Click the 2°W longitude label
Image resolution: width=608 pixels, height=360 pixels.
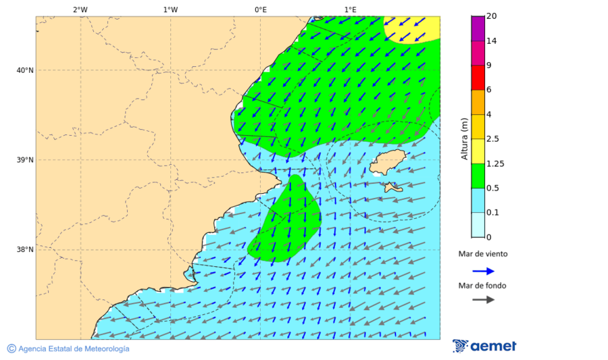(x=80, y=9)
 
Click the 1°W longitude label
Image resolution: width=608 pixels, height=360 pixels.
(x=170, y=9)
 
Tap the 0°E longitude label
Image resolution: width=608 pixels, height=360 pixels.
(x=260, y=9)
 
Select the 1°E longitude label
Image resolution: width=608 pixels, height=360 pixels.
(x=350, y=9)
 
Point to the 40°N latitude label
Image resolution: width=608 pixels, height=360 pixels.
(x=25, y=70)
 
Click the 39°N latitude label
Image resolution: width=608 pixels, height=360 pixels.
(x=25, y=160)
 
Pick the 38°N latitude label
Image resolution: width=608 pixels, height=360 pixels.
(x=25, y=250)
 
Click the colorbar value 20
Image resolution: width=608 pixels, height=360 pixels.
(x=492, y=16)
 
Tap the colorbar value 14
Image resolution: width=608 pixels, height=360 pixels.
(x=492, y=41)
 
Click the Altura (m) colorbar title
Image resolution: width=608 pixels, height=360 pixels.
(x=464, y=138)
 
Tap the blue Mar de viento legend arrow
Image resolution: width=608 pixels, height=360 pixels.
(x=483, y=271)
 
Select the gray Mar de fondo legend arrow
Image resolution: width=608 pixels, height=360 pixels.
(x=483, y=299)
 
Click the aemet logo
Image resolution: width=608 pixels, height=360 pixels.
(x=484, y=346)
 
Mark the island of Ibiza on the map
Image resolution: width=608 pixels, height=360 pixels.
(x=387, y=162)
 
